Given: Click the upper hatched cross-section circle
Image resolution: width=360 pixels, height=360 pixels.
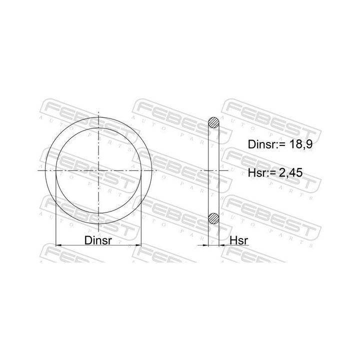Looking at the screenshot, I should [x=213, y=123].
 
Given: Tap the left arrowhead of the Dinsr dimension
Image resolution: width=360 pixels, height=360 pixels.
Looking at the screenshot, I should [x=57, y=245].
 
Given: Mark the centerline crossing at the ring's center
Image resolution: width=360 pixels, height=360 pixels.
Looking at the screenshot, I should [x=99, y=170].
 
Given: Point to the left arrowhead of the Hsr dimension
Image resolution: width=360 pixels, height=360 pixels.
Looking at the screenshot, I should [x=204, y=245].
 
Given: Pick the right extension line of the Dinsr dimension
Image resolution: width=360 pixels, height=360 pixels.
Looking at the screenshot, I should [x=142, y=210].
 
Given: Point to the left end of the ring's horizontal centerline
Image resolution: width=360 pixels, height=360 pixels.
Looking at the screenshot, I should [x=39, y=170].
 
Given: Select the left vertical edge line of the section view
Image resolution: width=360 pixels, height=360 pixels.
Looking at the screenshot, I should [x=207, y=170].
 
